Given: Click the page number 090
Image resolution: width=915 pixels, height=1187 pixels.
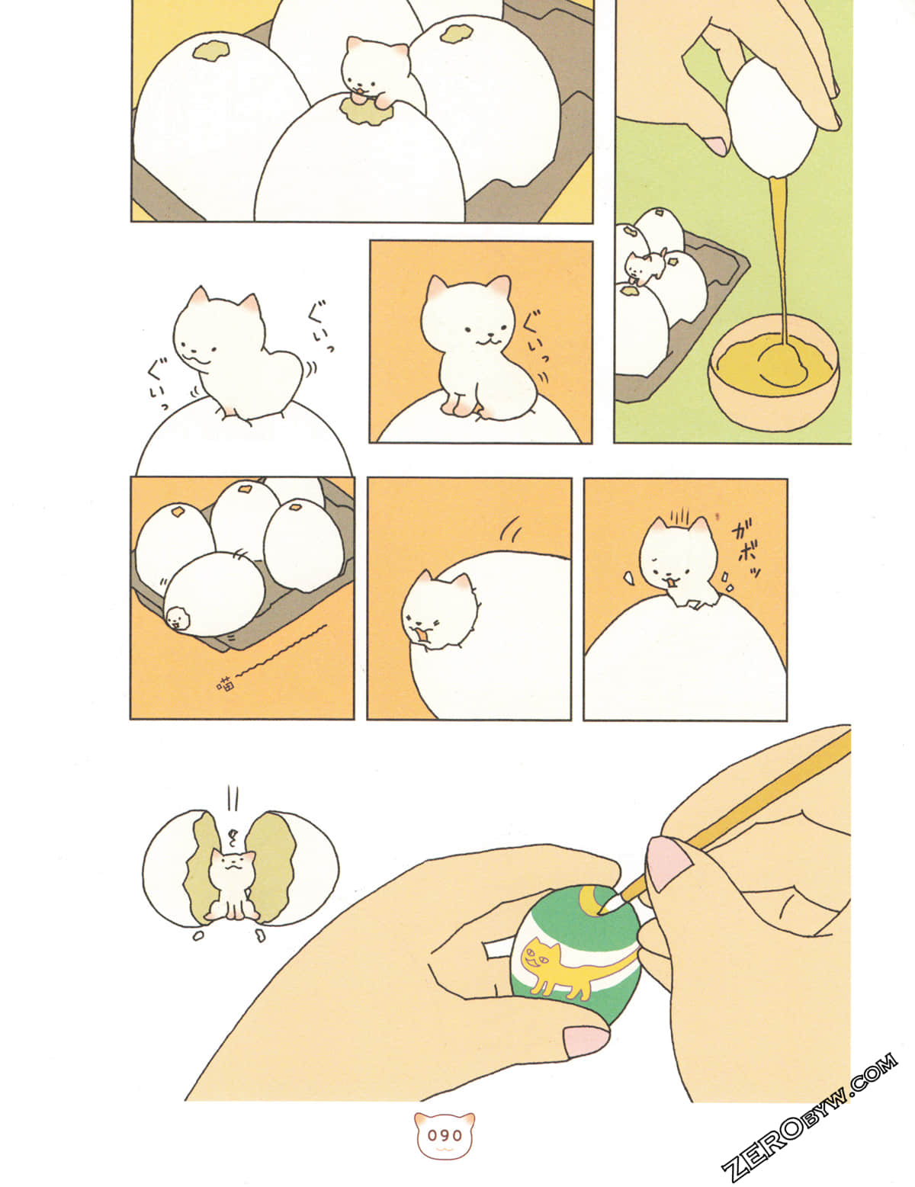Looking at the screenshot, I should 445,1135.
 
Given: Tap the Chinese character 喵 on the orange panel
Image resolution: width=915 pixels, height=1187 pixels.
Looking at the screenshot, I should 226,683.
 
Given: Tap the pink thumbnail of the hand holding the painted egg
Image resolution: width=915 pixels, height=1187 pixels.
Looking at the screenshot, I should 585,1040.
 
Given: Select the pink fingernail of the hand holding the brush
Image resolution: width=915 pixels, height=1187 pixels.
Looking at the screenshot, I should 669,861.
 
